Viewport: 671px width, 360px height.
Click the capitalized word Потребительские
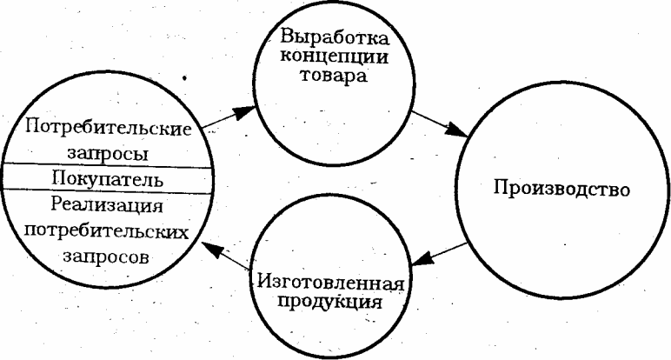[109, 129]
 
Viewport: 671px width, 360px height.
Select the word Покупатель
[109, 179]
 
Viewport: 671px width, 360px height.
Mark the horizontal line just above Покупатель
[109, 167]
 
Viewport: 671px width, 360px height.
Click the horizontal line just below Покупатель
[109, 192]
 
